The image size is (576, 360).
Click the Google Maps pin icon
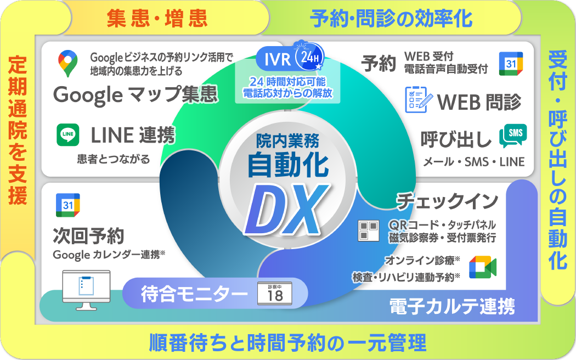click(x=67, y=63)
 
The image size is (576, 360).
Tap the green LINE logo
click(x=68, y=134)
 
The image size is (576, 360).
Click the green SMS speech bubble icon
click(x=513, y=136)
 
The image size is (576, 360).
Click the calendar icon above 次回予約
click(x=67, y=205)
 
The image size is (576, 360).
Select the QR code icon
click(x=368, y=230)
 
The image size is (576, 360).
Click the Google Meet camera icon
click(x=482, y=267)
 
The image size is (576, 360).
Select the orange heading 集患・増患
click(x=157, y=19)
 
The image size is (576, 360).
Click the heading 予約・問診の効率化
click(x=391, y=19)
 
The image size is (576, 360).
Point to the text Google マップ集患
click(x=135, y=94)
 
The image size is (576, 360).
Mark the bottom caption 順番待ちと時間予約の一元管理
click(x=287, y=344)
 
